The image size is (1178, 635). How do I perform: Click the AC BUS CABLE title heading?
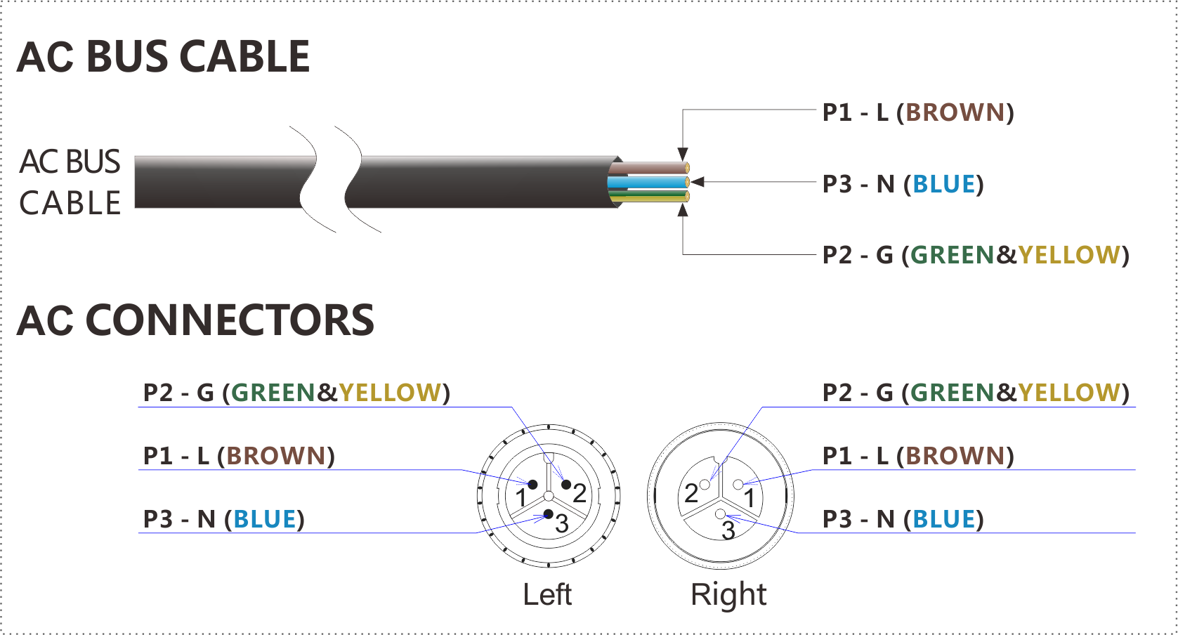163,57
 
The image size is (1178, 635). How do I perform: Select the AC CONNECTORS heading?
195,321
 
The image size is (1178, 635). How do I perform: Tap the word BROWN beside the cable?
955,112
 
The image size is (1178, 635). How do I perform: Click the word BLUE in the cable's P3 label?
943,184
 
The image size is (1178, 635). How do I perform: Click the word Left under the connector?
547,594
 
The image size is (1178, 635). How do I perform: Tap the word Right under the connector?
728,594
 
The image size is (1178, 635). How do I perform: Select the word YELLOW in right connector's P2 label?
1068,393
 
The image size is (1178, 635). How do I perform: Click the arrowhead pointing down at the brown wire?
682,155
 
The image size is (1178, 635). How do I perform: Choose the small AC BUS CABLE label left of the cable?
70,182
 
